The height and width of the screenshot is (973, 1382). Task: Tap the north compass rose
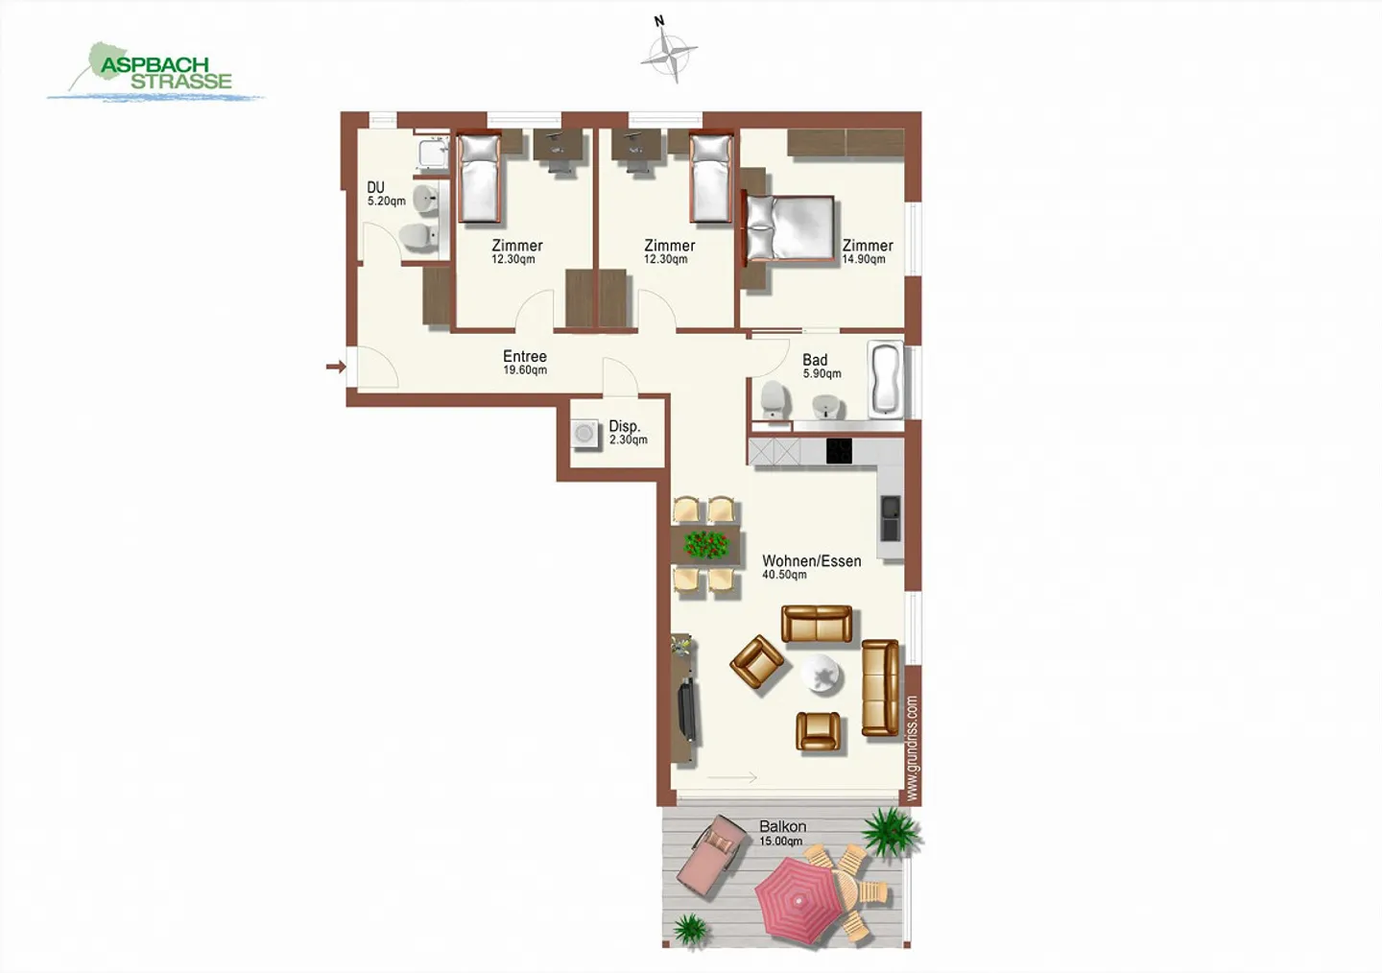pos(668,52)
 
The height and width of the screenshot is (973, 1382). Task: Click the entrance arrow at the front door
pos(335,367)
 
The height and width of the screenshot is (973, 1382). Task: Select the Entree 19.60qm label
pos(525,362)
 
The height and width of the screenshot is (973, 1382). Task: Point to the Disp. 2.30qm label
pos(627,432)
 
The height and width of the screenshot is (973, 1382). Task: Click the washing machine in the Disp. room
pos(584,434)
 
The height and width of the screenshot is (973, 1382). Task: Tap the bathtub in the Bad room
pos(885,379)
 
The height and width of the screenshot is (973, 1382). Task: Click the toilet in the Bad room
pos(774,398)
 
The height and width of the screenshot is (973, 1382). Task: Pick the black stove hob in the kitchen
pos(839,450)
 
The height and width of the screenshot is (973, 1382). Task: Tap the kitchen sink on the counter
pos(891,517)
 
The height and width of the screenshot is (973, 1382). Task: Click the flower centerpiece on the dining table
pos(707,545)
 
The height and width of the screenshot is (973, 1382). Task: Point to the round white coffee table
pos(822,675)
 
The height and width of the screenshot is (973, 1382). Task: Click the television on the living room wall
pos(687,708)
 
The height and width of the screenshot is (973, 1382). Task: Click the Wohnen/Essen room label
pos(810,566)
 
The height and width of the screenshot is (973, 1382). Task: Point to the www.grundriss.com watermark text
pos(912,748)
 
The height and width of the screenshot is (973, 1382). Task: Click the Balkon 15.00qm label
pos(781,832)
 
